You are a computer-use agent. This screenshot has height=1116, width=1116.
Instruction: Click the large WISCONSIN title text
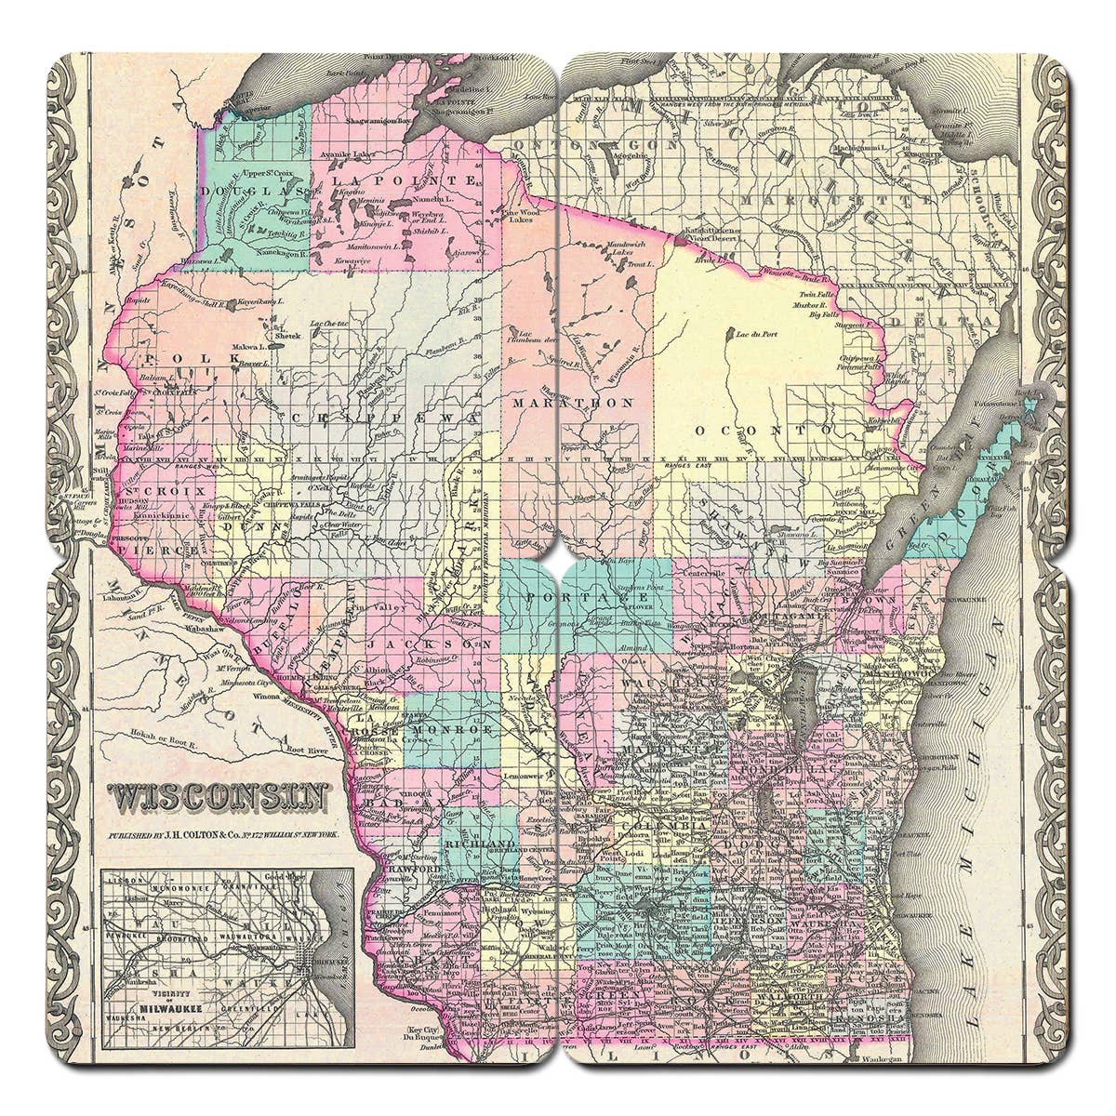click(219, 797)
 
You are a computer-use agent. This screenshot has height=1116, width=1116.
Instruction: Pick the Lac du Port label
click(753, 334)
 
